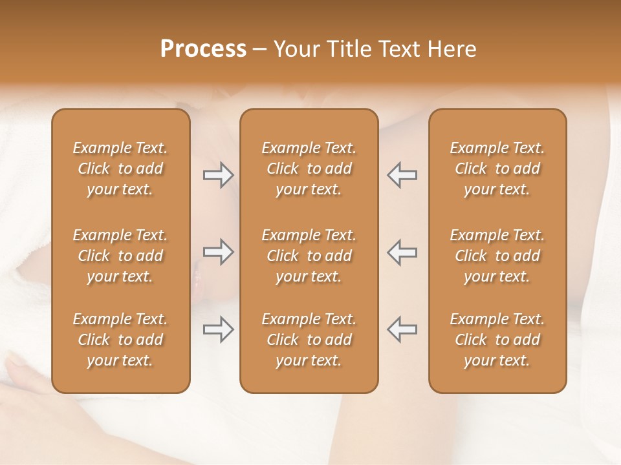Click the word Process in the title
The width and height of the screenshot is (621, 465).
point(203,48)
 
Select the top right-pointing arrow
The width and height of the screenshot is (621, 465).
point(219,175)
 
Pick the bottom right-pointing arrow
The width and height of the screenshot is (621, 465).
point(219,329)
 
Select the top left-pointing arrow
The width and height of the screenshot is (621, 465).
point(402,175)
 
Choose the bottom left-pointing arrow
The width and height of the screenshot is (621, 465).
point(402,329)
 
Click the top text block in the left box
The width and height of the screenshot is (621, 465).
point(120,169)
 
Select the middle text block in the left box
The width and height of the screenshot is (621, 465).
point(120,256)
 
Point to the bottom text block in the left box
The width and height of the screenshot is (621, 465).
point(120,340)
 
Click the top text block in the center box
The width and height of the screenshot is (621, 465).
point(309,169)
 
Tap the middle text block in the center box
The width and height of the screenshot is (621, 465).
point(309,256)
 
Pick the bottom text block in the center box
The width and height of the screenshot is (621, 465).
point(309,340)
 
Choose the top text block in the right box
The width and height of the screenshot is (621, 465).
point(497,169)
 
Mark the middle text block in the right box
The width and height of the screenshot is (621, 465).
point(497,256)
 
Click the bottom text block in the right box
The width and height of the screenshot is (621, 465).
point(497,340)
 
